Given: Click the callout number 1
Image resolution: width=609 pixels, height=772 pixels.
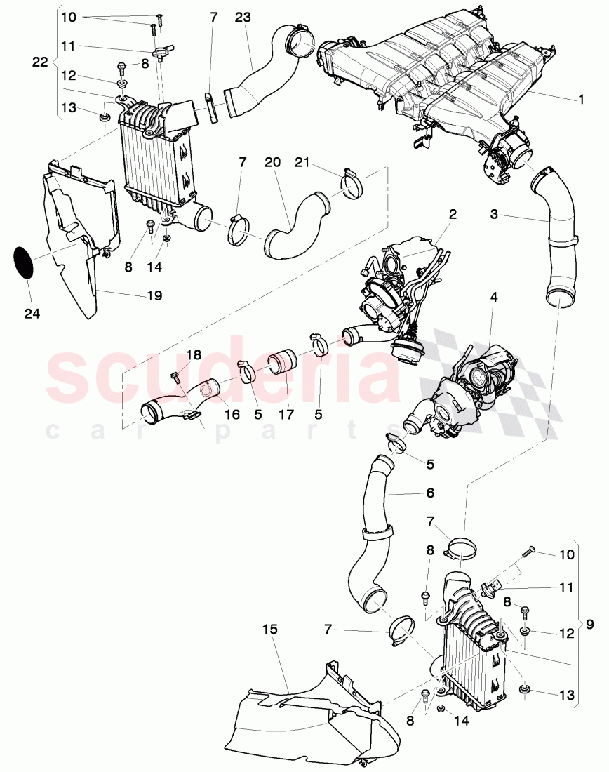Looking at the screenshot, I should [x=581, y=100].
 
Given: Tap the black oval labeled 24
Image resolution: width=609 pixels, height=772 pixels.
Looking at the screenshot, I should [x=25, y=261].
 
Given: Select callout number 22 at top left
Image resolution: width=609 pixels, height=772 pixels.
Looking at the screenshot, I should [x=40, y=62].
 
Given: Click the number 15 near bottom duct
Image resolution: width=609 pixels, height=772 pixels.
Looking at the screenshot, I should [x=270, y=630].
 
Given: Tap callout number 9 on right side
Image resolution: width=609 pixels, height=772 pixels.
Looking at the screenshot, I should [x=590, y=620].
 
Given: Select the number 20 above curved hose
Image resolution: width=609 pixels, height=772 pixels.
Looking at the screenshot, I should [x=273, y=162].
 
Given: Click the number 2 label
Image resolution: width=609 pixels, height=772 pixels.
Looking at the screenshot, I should [x=453, y=214].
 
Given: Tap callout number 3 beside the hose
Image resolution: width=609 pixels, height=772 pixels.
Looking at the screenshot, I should [x=495, y=214].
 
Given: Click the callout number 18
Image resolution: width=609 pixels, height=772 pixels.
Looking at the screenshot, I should [x=193, y=355].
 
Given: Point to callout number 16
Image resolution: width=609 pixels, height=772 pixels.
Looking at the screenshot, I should [x=232, y=415].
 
